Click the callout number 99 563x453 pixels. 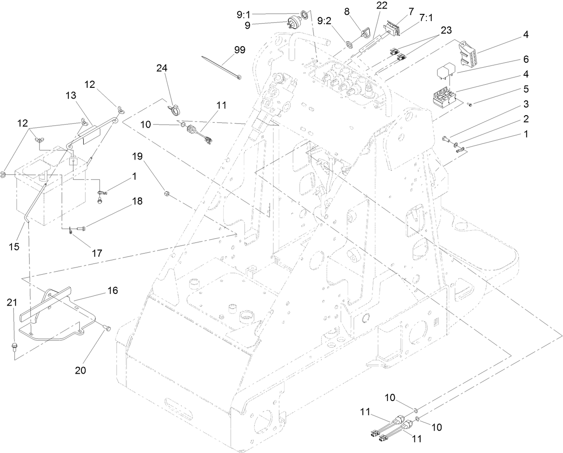pyautogui.click(x=239, y=50)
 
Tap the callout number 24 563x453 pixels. pyautogui.click(x=162, y=69)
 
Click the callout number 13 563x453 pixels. pyautogui.click(x=71, y=95)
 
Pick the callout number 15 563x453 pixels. pyautogui.click(x=14, y=246)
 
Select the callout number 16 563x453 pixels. pyautogui.click(x=112, y=290)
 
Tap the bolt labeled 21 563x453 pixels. pyautogui.click(x=14, y=346)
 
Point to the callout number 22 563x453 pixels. pyautogui.click(x=382, y=5)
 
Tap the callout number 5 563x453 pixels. pyautogui.click(x=526, y=89)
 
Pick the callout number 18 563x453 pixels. pyautogui.click(x=137, y=201)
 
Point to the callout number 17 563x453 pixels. pyautogui.click(x=97, y=253)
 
